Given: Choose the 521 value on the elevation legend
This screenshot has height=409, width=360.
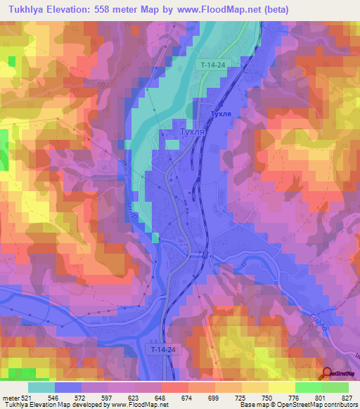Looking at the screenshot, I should coord(26,397).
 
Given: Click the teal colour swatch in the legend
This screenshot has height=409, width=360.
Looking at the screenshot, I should coord(41,387).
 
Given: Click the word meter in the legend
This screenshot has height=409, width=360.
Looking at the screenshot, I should coord(10,397).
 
